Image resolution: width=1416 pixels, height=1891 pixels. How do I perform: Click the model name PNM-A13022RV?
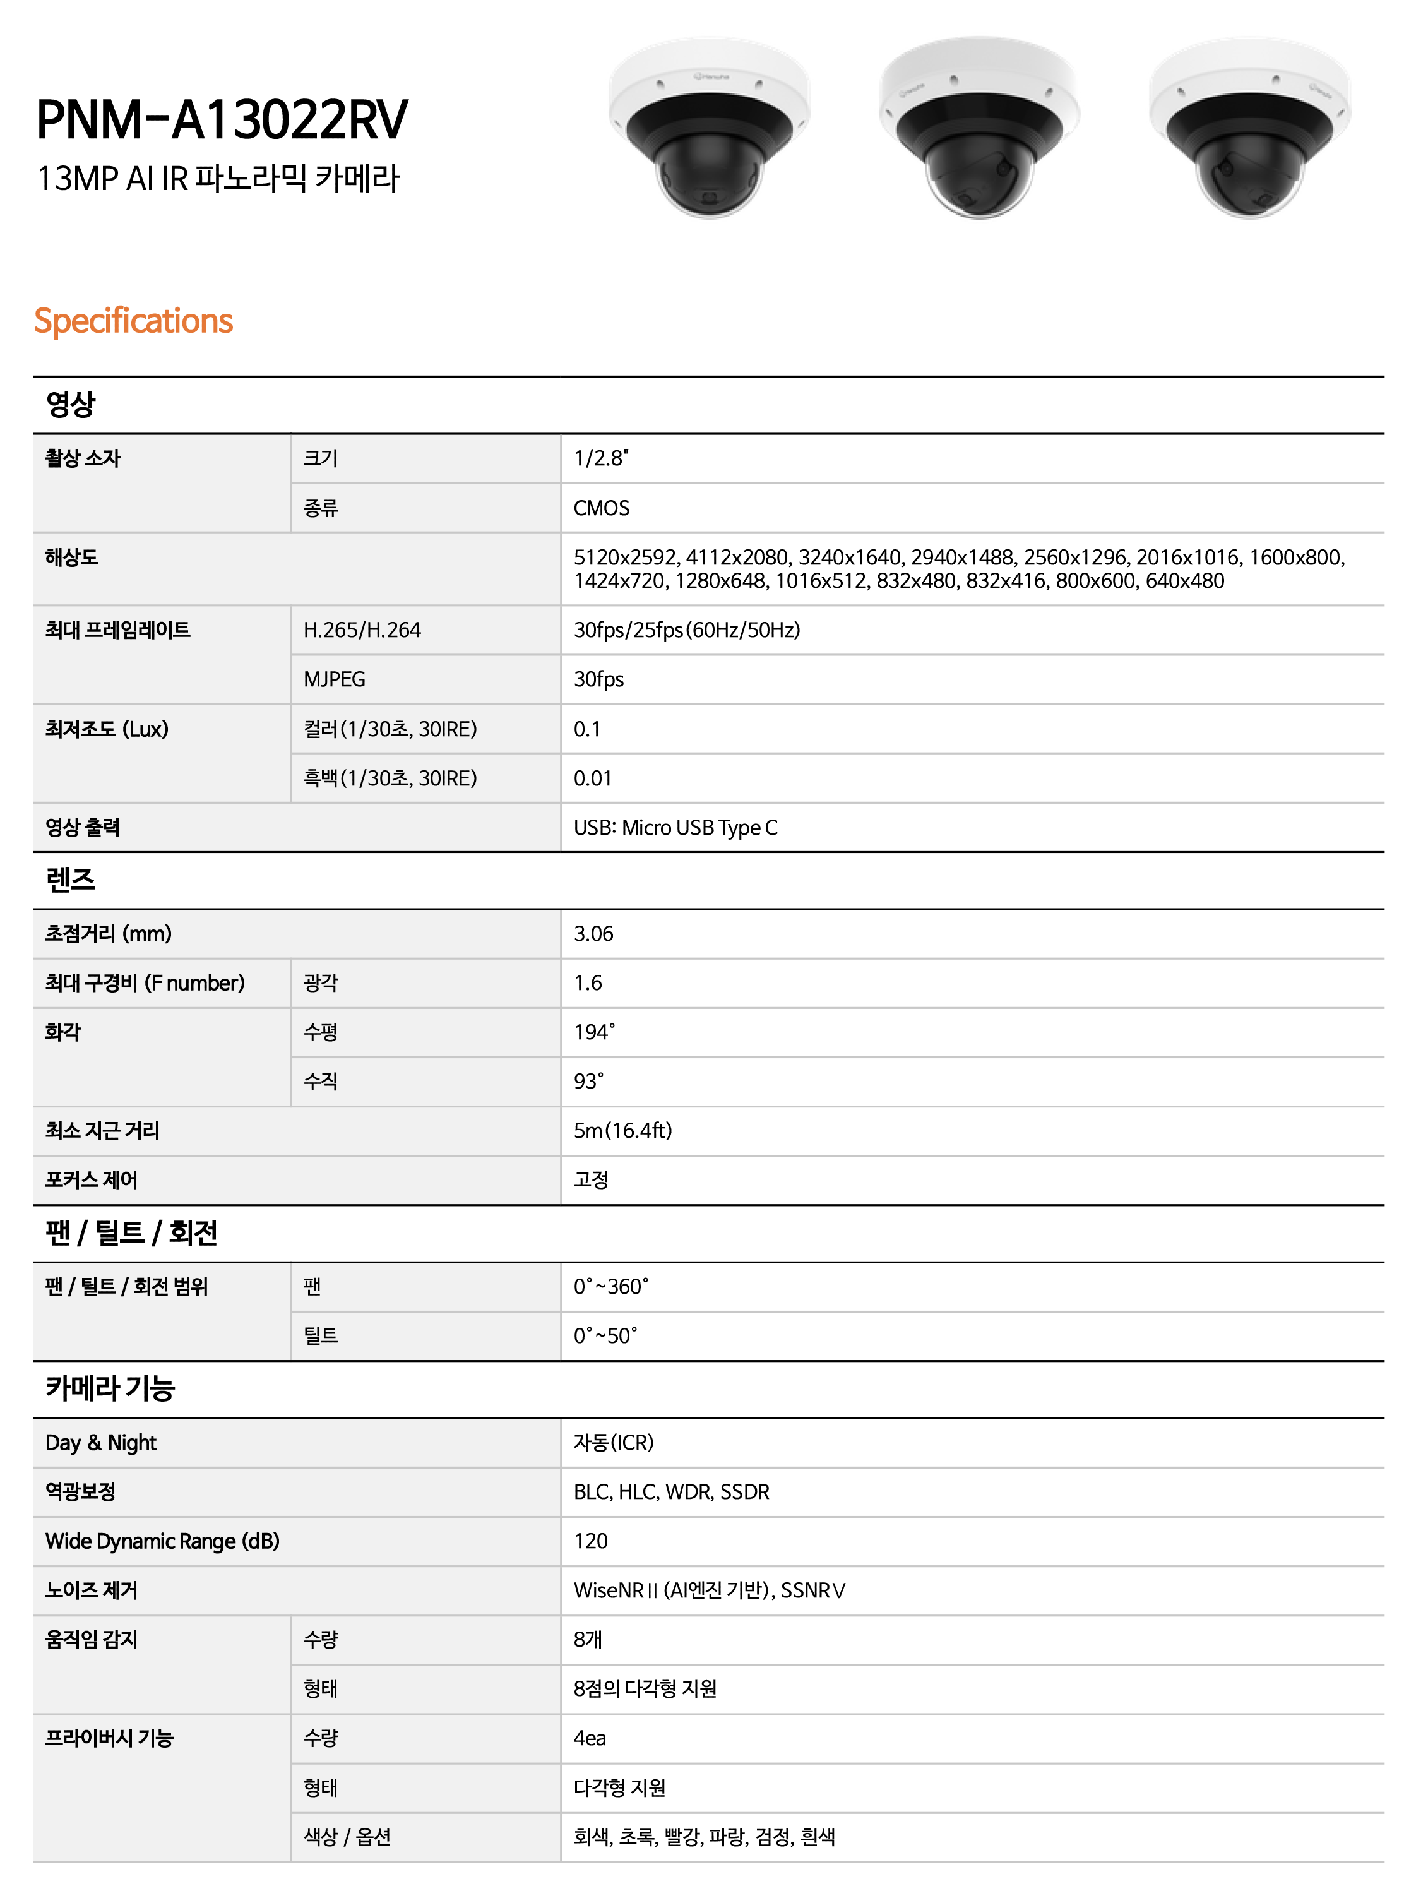click(222, 120)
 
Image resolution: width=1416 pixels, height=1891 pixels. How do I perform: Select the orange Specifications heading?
click(133, 321)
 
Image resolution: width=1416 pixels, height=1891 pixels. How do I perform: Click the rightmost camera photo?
click(1249, 128)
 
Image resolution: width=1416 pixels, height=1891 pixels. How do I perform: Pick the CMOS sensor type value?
click(601, 509)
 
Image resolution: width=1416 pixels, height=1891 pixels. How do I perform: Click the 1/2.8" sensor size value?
click(601, 459)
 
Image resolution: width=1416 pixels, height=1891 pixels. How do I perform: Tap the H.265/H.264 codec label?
click(362, 630)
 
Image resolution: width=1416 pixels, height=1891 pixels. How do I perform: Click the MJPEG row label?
click(334, 679)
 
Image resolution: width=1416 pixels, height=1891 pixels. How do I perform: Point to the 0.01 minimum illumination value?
click(592, 778)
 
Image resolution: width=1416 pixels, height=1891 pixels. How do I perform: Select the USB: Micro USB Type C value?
click(675, 828)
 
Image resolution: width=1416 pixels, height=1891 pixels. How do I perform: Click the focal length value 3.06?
click(593, 934)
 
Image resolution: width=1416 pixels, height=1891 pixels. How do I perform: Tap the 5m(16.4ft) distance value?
click(622, 1131)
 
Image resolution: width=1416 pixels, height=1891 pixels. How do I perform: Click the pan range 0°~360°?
click(610, 1287)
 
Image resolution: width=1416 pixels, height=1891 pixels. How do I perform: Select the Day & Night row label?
click(101, 1443)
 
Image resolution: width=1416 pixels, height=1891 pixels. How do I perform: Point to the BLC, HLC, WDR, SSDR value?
click(671, 1492)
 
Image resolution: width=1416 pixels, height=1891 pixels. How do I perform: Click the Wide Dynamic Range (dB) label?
click(162, 1541)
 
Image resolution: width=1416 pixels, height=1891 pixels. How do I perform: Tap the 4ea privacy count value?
click(590, 1738)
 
